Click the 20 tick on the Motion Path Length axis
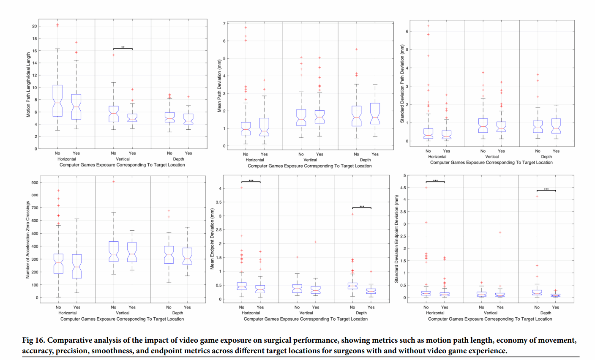coord(34,26)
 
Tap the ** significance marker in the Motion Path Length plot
coord(123,48)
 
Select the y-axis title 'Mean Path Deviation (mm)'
coord(219,86)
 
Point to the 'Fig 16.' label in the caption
coord(33,341)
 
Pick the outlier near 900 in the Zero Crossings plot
coord(114,182)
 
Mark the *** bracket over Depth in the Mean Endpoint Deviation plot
coord(362,207)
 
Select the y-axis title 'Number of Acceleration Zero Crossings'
coord(28,240)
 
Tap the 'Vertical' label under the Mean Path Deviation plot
coord(310,160)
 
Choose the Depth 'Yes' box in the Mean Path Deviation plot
coord(375,113)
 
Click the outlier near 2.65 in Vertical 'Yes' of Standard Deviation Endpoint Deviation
coord(500,232)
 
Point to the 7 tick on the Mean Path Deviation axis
coord(224,24)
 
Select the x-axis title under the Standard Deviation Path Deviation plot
coord(491,163)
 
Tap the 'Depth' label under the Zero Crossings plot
coord(178,313)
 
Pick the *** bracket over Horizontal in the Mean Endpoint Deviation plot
coord(251,181)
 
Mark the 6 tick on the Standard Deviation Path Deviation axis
coord(407,31)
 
